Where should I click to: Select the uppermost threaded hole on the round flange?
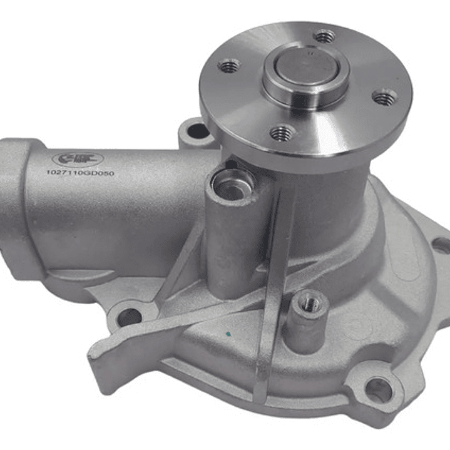click(324, 36)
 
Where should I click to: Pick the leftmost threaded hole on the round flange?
click(230, 65)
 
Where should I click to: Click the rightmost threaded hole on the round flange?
click(384, 97)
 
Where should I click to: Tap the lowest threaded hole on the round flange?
click(282, 133)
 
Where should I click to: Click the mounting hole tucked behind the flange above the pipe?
click(197, 131)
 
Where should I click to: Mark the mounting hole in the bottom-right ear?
click(378, 390)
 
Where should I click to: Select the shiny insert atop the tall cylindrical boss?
click(233, 182)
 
